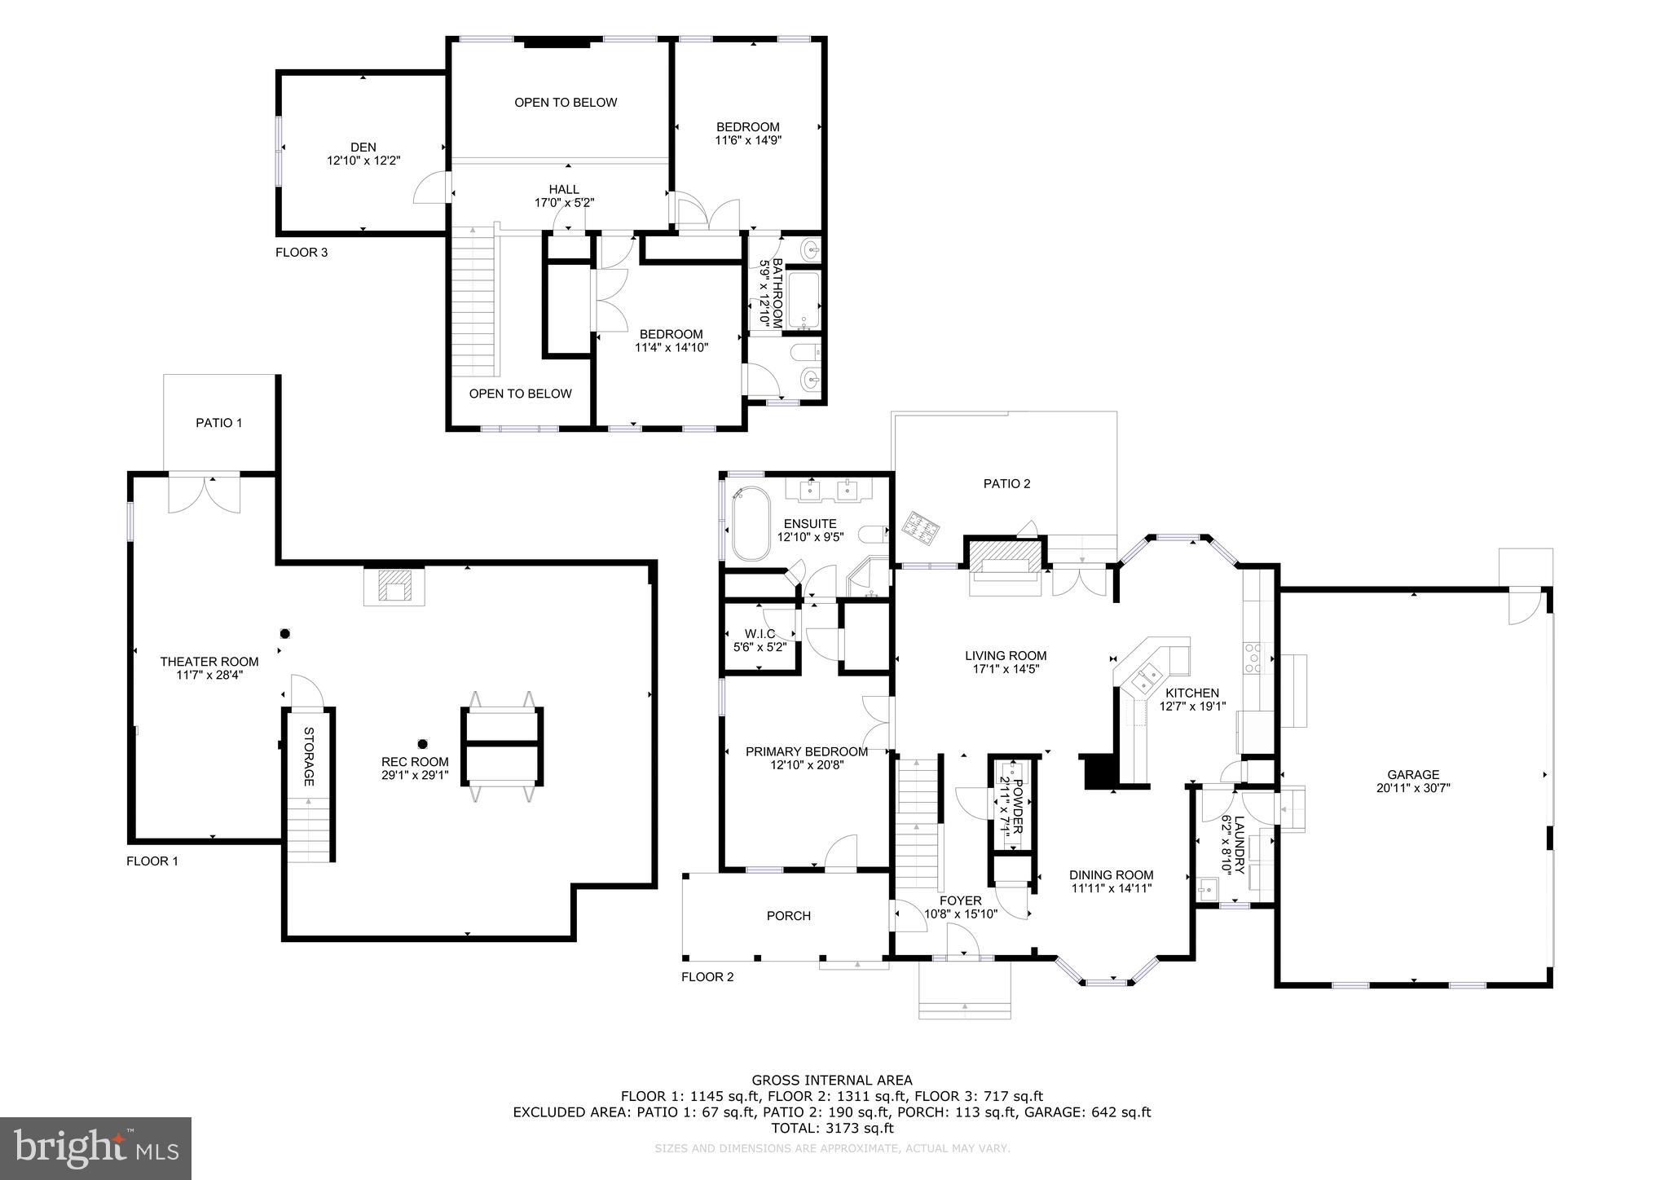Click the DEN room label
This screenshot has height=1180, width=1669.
(x=363, y=147)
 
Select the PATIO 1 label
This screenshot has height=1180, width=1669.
(x=218, y=423)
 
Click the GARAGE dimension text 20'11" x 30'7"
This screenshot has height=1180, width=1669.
(x=1413, y=788)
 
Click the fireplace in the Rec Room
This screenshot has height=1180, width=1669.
(x=394, y=586)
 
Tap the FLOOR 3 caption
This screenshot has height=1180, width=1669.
(x=302, y=253)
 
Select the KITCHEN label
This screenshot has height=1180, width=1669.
(x=1191, y=693)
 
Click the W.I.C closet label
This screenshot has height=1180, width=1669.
(x=760, y=634)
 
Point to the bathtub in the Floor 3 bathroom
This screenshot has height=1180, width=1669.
(x=804, y=300)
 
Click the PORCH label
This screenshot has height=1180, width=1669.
(x=788, y=916)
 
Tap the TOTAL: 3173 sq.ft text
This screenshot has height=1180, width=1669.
(x=832, y=1129)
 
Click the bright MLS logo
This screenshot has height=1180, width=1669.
(x=96, y=1148)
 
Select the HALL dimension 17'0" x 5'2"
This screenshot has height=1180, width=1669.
(x=564, y=203)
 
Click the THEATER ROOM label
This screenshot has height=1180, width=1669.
(x=209, y=662)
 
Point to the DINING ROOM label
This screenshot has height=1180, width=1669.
(x=1111, y=875)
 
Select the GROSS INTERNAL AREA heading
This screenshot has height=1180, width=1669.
(x=831, y=1081)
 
